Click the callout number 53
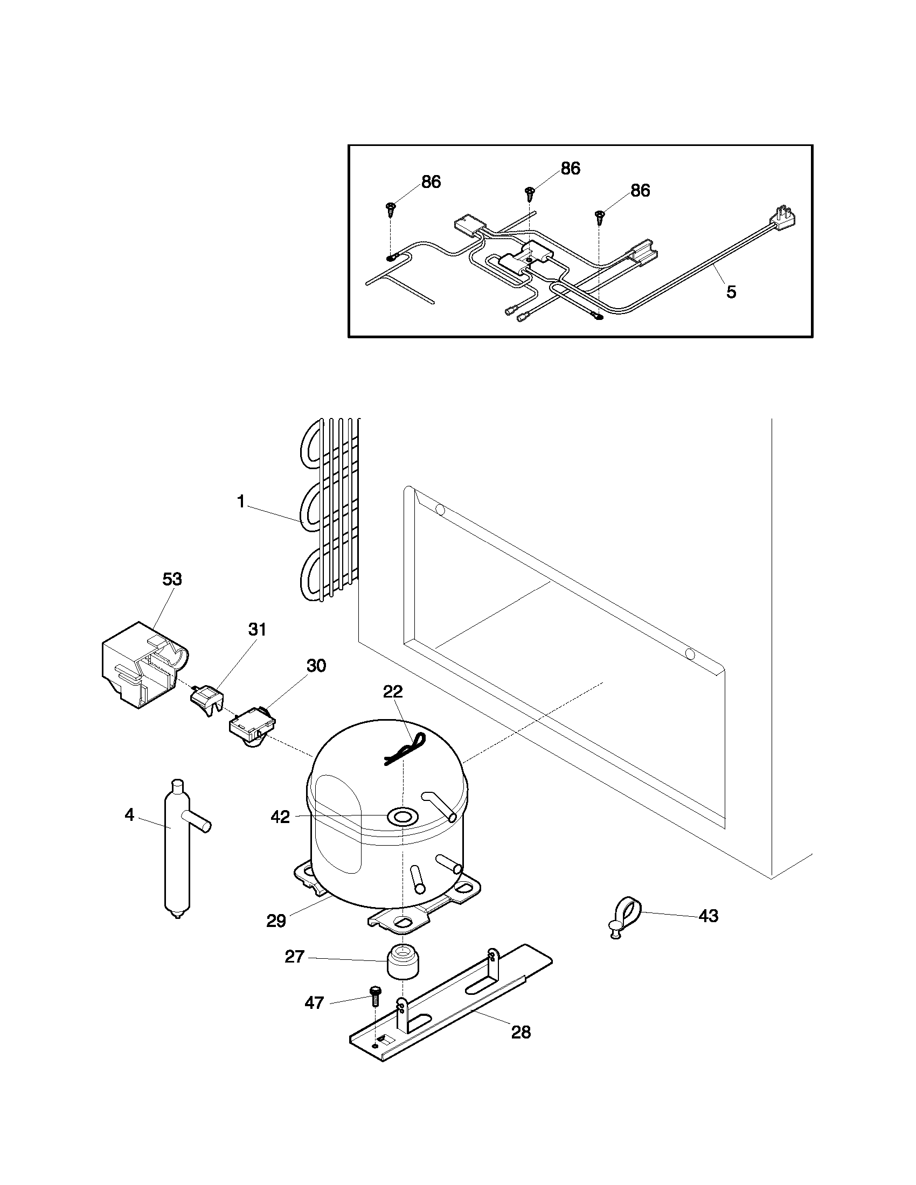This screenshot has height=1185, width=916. (x=172, y=579)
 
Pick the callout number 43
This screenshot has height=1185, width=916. (x=708, y=916)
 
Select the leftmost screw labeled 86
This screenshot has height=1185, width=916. (x=391, y=208)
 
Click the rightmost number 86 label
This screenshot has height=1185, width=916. (x=640, y=191)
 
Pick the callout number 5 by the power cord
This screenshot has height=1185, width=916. (x=731, y=292)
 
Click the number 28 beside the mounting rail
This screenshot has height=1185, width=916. (x=521, y=1032)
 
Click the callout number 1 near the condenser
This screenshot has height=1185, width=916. (x=241, y=501)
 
